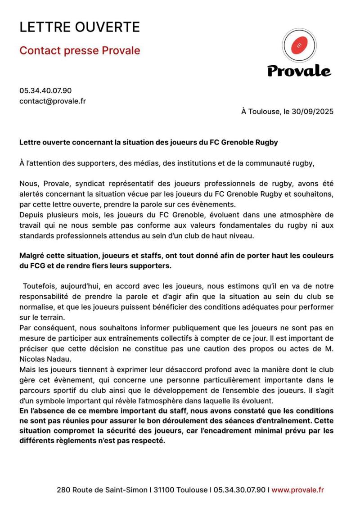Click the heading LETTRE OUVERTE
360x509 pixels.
pos(79,27)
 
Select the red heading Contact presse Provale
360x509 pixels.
pos(79,50)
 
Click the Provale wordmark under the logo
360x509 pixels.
pos(299,71)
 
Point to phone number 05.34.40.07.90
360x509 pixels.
pos(45,90)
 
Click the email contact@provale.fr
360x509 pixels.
pos(52,101)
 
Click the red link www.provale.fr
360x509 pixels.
pos(297,490)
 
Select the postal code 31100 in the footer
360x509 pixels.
pos(164,490)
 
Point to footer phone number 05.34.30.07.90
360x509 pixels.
pos(239,490)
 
